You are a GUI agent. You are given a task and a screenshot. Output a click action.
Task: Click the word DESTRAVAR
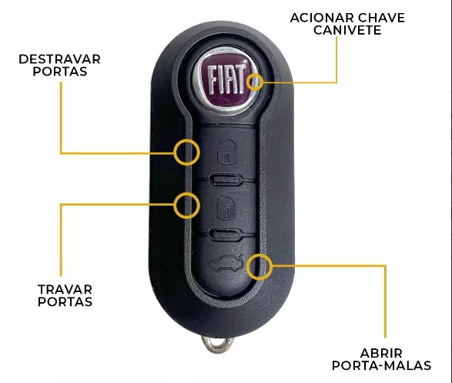59,59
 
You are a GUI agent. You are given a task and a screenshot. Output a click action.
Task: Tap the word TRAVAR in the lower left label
65,289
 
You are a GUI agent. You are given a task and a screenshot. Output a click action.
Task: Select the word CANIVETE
347,30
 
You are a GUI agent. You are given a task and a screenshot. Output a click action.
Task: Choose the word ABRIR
381,353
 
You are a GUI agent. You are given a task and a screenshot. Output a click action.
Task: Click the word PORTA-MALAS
381,365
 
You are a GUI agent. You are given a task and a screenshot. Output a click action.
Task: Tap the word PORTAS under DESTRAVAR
60,72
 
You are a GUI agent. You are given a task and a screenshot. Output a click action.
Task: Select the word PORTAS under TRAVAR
65,301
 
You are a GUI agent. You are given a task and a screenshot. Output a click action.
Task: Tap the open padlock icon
226,152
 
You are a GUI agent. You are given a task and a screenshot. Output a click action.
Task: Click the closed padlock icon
226,207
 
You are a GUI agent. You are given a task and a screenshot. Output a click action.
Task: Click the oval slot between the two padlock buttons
226,180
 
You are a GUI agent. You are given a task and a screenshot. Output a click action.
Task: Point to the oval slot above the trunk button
226,233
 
